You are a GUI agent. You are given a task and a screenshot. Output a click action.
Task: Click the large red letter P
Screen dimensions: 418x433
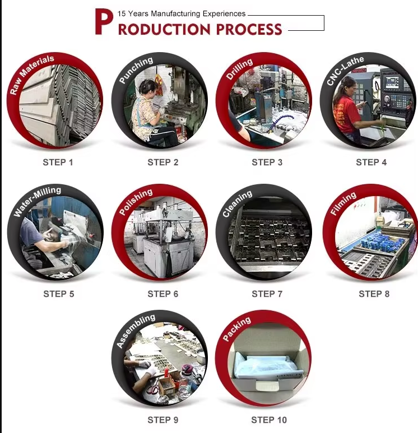pyautogui.click(x=104, y=21)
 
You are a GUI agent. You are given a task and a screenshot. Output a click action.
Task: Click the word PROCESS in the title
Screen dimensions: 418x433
pyautogui.click(x=249, y=29)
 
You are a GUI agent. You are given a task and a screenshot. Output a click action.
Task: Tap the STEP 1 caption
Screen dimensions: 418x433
pyautogui.click(x=58, y=162)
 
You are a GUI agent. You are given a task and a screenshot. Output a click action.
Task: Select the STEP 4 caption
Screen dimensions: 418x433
pyautogui.click(x=371, y=162)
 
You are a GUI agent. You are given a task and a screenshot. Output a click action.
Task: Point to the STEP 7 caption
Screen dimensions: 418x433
pyautogui.click(x=267, y=294)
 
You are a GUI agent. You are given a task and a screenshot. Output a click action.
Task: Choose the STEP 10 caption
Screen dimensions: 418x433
pyautogui.click(x=269, y=420)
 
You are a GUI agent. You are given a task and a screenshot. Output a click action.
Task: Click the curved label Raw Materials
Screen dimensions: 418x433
pyautogui.click(x=31, y=74)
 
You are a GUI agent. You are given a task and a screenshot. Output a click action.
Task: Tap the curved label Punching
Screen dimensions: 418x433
pyautogui.click(x=136, y=69)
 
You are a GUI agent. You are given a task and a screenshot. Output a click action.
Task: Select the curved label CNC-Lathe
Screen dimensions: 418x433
pyautogui.click(x=345, y=70)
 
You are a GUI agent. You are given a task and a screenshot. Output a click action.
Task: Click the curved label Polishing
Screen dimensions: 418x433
pyautogui.click(x=136, y=201)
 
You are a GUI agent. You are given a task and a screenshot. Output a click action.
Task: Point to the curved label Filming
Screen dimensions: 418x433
pyautogui.click(x=343, y=203)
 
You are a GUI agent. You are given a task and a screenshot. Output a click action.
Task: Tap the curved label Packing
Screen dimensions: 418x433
pyautogui.click(x=236, y=329)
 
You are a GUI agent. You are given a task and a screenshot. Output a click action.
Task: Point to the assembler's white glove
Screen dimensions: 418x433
pyautogui.click(x=150, y=373)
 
